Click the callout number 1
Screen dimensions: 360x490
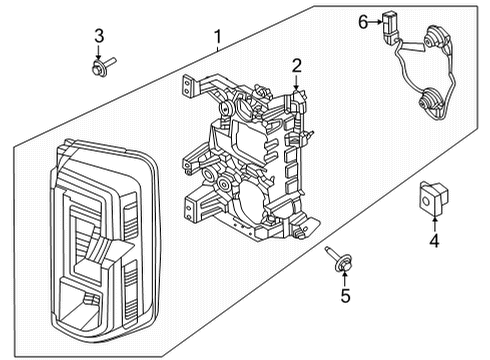(x=218, y=38)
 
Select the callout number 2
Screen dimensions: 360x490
(x=296, y=67)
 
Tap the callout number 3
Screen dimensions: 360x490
(x=98, y=37)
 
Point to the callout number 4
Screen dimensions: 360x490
(x=433, y=240)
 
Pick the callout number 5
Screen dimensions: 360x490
(x=345, y=295)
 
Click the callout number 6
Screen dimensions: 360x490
(x=364, y=19)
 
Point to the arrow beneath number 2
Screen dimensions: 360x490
(x=297, y=85)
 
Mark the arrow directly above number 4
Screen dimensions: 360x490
(x=433, y=222)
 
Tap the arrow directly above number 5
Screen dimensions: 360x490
(x=344, y=277)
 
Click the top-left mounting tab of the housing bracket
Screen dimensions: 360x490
(x=190, y=85)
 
